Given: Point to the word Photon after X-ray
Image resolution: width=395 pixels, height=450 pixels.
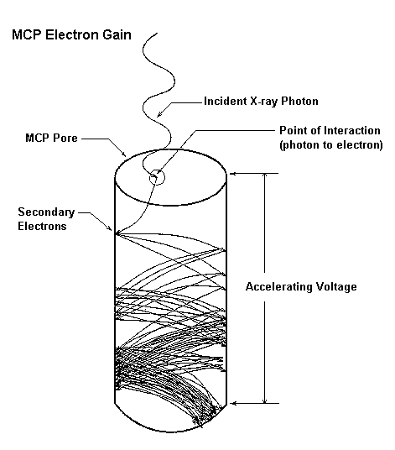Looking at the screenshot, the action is pyautogui.click(x=299, y=101).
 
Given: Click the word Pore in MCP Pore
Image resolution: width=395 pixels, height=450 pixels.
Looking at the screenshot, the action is pyautogui.click(x=65, y=138).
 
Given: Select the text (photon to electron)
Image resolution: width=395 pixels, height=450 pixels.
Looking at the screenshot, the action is pyautogui.click(x=331, y=144).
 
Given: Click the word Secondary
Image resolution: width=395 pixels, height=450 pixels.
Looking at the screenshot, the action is pyautogui.click(x=46, y=212).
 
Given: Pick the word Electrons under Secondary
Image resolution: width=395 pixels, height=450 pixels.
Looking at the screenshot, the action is pyautogui.click(x=42, y=226).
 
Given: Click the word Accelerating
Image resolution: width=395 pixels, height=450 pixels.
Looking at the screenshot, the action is pyautogui.click(x=279, y=286).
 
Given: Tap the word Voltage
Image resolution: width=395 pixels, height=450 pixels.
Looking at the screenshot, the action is pyautogui.click(x=336, y=286).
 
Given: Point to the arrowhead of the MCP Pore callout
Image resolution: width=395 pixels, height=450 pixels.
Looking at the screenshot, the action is pyautogui.click(x=124, y=154).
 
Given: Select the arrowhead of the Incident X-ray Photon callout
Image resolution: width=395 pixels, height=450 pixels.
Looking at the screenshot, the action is pyautogui.click(x=159, y=114).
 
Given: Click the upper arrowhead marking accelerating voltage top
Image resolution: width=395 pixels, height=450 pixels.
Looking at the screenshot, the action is pyautogui.click(x=233, y=173).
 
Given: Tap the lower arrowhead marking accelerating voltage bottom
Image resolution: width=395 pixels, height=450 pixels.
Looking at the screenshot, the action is pyautogui.click(x=234, y=404).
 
